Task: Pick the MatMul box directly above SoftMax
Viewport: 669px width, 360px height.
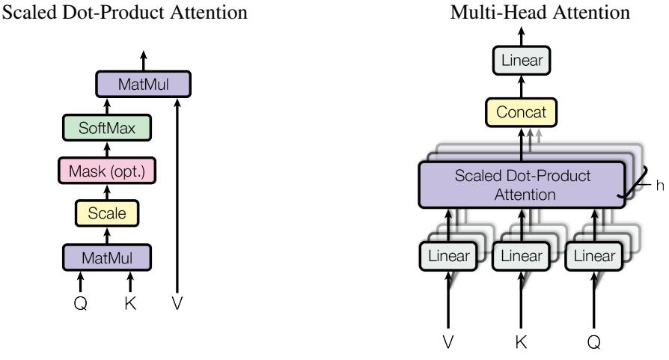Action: tap(144, 85)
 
